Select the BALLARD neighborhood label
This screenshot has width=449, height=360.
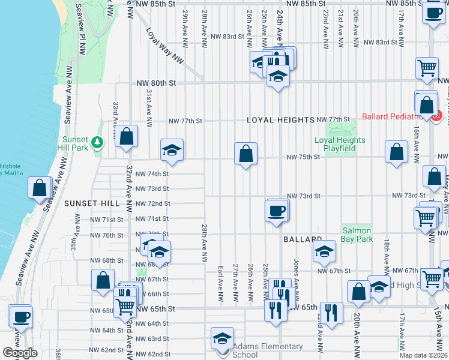click(x=303, y=239)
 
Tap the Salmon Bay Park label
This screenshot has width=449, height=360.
click(x=357, y=235)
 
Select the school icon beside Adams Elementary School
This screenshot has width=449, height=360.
click(x=222, y=338)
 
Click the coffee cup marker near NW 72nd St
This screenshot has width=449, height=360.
click(x=276, y=210)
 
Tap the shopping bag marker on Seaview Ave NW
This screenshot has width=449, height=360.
click(x=40, y=188)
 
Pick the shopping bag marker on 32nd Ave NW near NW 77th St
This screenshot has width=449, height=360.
click(x=127, y=136)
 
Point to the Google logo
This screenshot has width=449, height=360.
click(x=20, y=353)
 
